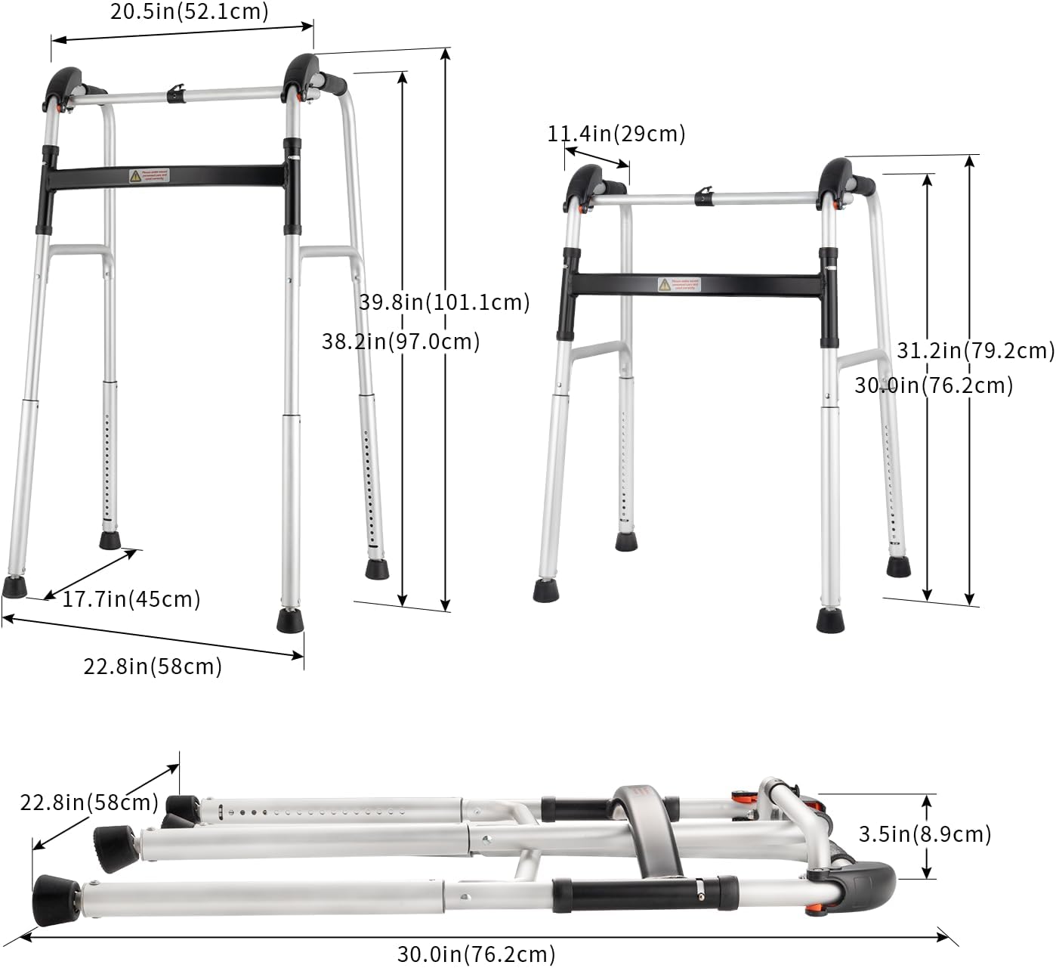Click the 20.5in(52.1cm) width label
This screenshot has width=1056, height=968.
[x=189, y=11]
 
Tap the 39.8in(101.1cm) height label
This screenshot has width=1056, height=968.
[x=444, y=302]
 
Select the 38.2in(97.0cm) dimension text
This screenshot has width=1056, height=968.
[x=400, y=342]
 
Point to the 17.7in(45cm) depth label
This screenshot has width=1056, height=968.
[x=131, y=599]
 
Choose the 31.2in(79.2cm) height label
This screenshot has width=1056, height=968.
[x=975, y=350]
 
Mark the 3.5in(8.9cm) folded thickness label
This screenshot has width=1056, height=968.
[x=925, y=833]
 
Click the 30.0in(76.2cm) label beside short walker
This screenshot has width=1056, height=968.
[x=933, y=385]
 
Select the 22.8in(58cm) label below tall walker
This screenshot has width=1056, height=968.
[x=153, y=666]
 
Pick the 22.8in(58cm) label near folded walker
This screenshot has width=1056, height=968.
[x=89, y=802]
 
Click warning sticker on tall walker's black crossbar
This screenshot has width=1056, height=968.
[x=149, y=176]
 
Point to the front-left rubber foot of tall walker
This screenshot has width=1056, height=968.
[x=14, y=586]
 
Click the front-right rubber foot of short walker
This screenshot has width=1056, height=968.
[x=830, y=619]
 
